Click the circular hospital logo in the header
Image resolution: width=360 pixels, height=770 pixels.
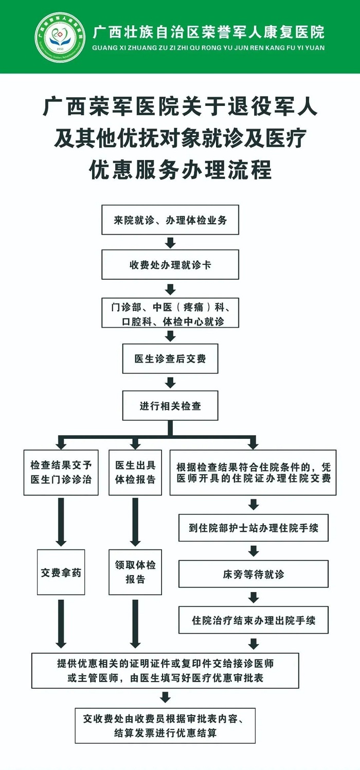pyautogui.click(x=60, y=38)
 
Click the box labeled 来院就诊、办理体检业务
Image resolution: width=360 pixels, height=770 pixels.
pyautogui.click(x=170, y=220)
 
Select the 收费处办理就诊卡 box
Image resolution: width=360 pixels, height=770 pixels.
pyautogui.click(x=170, y=265)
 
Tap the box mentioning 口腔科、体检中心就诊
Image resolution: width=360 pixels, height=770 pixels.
pyautogui.click(x=170, y=313)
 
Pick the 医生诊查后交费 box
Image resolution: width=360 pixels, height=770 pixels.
pyautogui.click(x=170, y=359)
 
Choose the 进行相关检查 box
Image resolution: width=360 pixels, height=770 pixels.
pyautogui.click(x=170, y=406)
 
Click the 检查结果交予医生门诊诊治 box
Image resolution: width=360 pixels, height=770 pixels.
pyautogui.click(x=61, y=473)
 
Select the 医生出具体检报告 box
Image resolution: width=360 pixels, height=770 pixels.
pyautogui.click(x=135, y=473)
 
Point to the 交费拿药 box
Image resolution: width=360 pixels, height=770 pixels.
pyautogui.click(x=61, y=572)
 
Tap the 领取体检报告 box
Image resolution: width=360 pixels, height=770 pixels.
pyautogui.click(x=135, y=572)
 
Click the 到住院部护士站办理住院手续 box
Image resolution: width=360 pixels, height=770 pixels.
pyautogui.click(x=254, y=528)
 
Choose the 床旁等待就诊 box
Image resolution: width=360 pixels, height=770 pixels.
pyautogui.click(x=254, y=574)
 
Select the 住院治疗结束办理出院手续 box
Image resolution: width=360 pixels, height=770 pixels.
pyautogui.click(x=254, y=620)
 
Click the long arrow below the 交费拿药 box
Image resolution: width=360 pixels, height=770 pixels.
pyautogui.click(x=61, y=624)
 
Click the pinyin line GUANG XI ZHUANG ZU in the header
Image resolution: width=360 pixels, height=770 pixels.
pyautogui.click(x=208, y=48)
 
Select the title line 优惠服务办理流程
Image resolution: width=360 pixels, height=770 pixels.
pyautogui.click(x=181, y=169)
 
